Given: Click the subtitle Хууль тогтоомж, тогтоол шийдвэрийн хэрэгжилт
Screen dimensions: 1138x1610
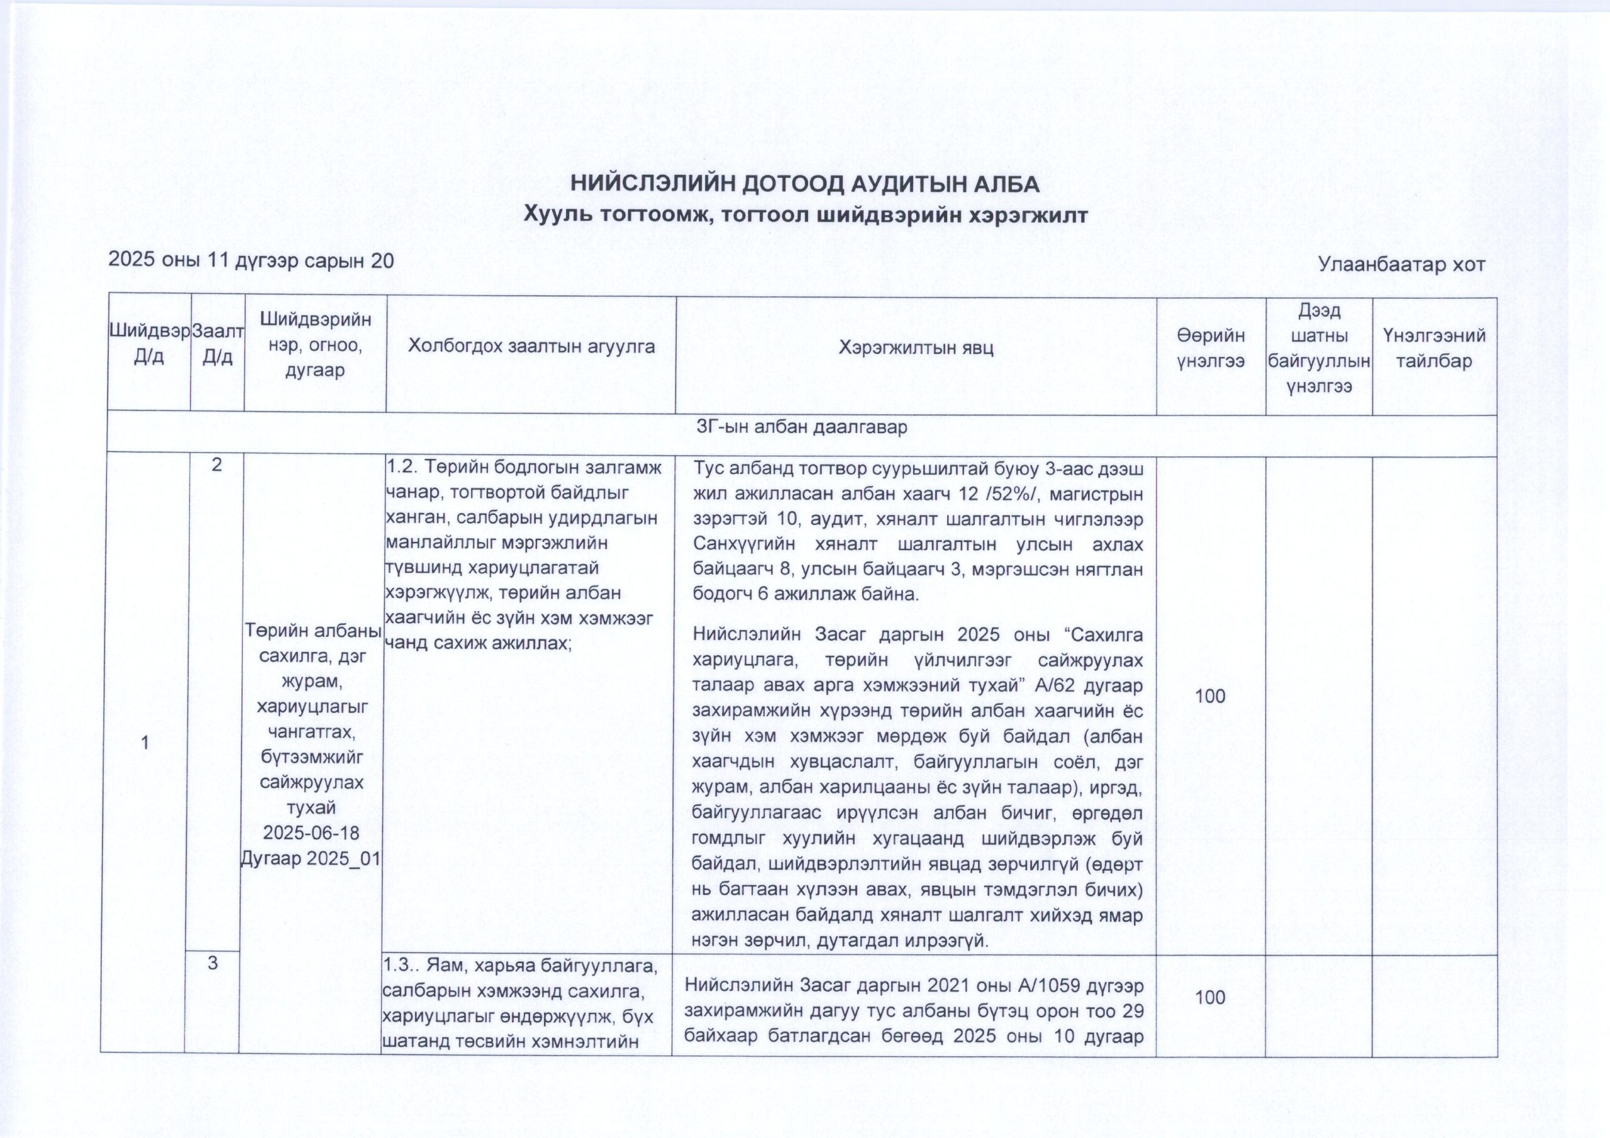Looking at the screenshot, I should [806, 214].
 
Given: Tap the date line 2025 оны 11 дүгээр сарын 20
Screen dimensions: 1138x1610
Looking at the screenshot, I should [250, 261].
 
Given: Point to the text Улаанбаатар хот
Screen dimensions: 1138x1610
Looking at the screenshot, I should [1402, 264].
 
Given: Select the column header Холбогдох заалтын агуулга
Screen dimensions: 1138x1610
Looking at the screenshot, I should [531, 346].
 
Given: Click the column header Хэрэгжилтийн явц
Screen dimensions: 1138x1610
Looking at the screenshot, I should [916, 347].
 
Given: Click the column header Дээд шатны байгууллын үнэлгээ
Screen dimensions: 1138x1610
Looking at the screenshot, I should [1319, 348].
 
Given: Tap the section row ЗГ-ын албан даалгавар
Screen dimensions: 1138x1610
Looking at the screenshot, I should [801, 427].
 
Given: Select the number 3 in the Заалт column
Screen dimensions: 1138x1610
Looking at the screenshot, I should [212, 963].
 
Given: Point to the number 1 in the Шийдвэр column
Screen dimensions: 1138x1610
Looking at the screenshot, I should [145, 743].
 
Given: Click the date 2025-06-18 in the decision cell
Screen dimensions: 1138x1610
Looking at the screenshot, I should [311, 833].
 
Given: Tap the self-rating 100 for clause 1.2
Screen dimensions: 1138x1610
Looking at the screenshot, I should [1209, 696].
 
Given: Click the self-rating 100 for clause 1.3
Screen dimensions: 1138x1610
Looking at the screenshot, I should [1209, 998].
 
